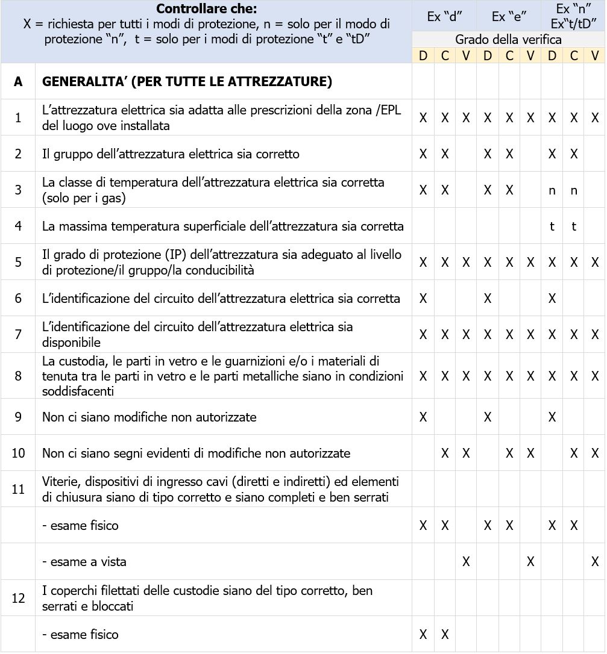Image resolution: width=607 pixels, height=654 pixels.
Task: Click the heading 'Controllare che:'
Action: [x=206, y=9]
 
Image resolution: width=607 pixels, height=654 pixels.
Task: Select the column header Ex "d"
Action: [x=444, y=17]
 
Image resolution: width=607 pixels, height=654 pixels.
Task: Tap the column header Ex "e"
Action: [x=508, y=17]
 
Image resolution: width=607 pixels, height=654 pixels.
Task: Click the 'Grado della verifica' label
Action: [x=508, y=40]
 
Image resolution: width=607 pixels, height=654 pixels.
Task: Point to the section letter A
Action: [x=18, y=82]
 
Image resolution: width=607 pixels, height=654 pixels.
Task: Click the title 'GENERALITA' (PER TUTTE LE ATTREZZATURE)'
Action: [x=187, y=82]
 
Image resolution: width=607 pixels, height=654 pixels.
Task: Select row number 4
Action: [x=18, y=226]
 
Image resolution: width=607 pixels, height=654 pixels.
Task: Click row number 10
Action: [x=18, y=453]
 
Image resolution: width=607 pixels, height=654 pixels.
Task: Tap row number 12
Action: [x=18, y=598]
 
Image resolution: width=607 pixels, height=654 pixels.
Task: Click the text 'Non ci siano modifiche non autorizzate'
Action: [x=149, y=417]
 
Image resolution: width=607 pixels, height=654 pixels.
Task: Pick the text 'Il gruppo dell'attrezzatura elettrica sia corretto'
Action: [x=171, y=154]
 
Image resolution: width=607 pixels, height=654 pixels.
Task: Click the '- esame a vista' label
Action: [x=84, y=562]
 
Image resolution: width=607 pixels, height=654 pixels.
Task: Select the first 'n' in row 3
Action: [x=552, y=190]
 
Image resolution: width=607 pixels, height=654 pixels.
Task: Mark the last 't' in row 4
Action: [x=573, y=226]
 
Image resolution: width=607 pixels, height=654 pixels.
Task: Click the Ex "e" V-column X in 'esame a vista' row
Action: [x=530, y=562]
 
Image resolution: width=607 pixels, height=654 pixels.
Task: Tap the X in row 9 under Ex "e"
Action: [x=487, y=417]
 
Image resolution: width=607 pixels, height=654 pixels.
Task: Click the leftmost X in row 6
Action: [x=423, y=299]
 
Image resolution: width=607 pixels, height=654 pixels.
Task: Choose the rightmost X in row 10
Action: [x=595, y=453]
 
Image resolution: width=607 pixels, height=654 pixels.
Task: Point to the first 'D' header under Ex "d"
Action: [x=423, y=55]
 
